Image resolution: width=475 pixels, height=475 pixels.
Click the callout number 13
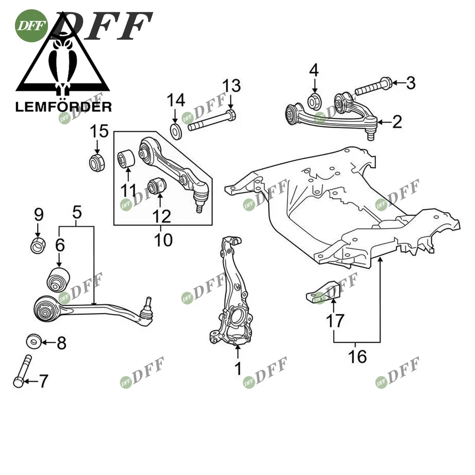click(x=231, y=86)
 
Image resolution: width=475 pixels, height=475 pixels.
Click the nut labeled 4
click(x=315, y=101)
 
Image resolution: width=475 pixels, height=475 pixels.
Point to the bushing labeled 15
click(x=97, y=162)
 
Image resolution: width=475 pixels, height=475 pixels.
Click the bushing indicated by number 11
click(x=127, y=159)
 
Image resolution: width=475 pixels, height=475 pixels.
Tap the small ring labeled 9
click(x=39, y=244)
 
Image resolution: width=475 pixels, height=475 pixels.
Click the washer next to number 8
click(x=34, y=342)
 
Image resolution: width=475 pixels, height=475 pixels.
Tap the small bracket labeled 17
click(x=323, y=291)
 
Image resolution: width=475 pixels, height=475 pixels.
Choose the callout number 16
click(x=357, y=356)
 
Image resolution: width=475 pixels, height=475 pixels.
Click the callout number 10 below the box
click(x=163, y=240)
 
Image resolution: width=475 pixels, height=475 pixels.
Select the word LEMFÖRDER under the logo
click(x=63, y=106)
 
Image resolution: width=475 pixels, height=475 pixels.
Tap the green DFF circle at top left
click(x=31, y=26)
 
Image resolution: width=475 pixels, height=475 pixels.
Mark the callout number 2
click(x=397, y=122)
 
